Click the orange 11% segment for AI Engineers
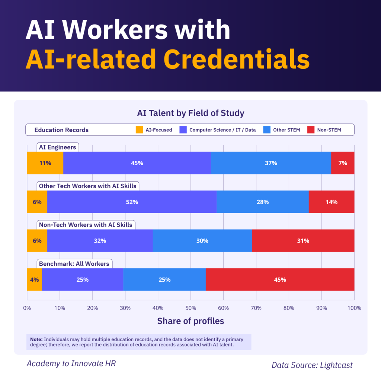(45, 163)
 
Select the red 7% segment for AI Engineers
(343, 163)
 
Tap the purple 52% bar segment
(132, 202)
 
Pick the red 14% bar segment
(331, 202)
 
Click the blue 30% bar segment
(202, 241)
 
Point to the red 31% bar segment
(303, 241)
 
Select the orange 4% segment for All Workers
(34, 279)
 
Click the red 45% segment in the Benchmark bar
(280, 279)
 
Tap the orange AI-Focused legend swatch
(139, 130)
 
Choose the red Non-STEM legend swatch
(311, 130)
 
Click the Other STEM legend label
(286, 130)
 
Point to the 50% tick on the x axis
(190, 308)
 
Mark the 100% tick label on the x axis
(354, 308)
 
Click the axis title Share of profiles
(190, 321)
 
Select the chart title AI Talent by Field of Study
(190, 113)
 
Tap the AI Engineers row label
(57, 147)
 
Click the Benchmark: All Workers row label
(74, 264)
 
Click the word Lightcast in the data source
(336, 365)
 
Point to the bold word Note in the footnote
(36, 339)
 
